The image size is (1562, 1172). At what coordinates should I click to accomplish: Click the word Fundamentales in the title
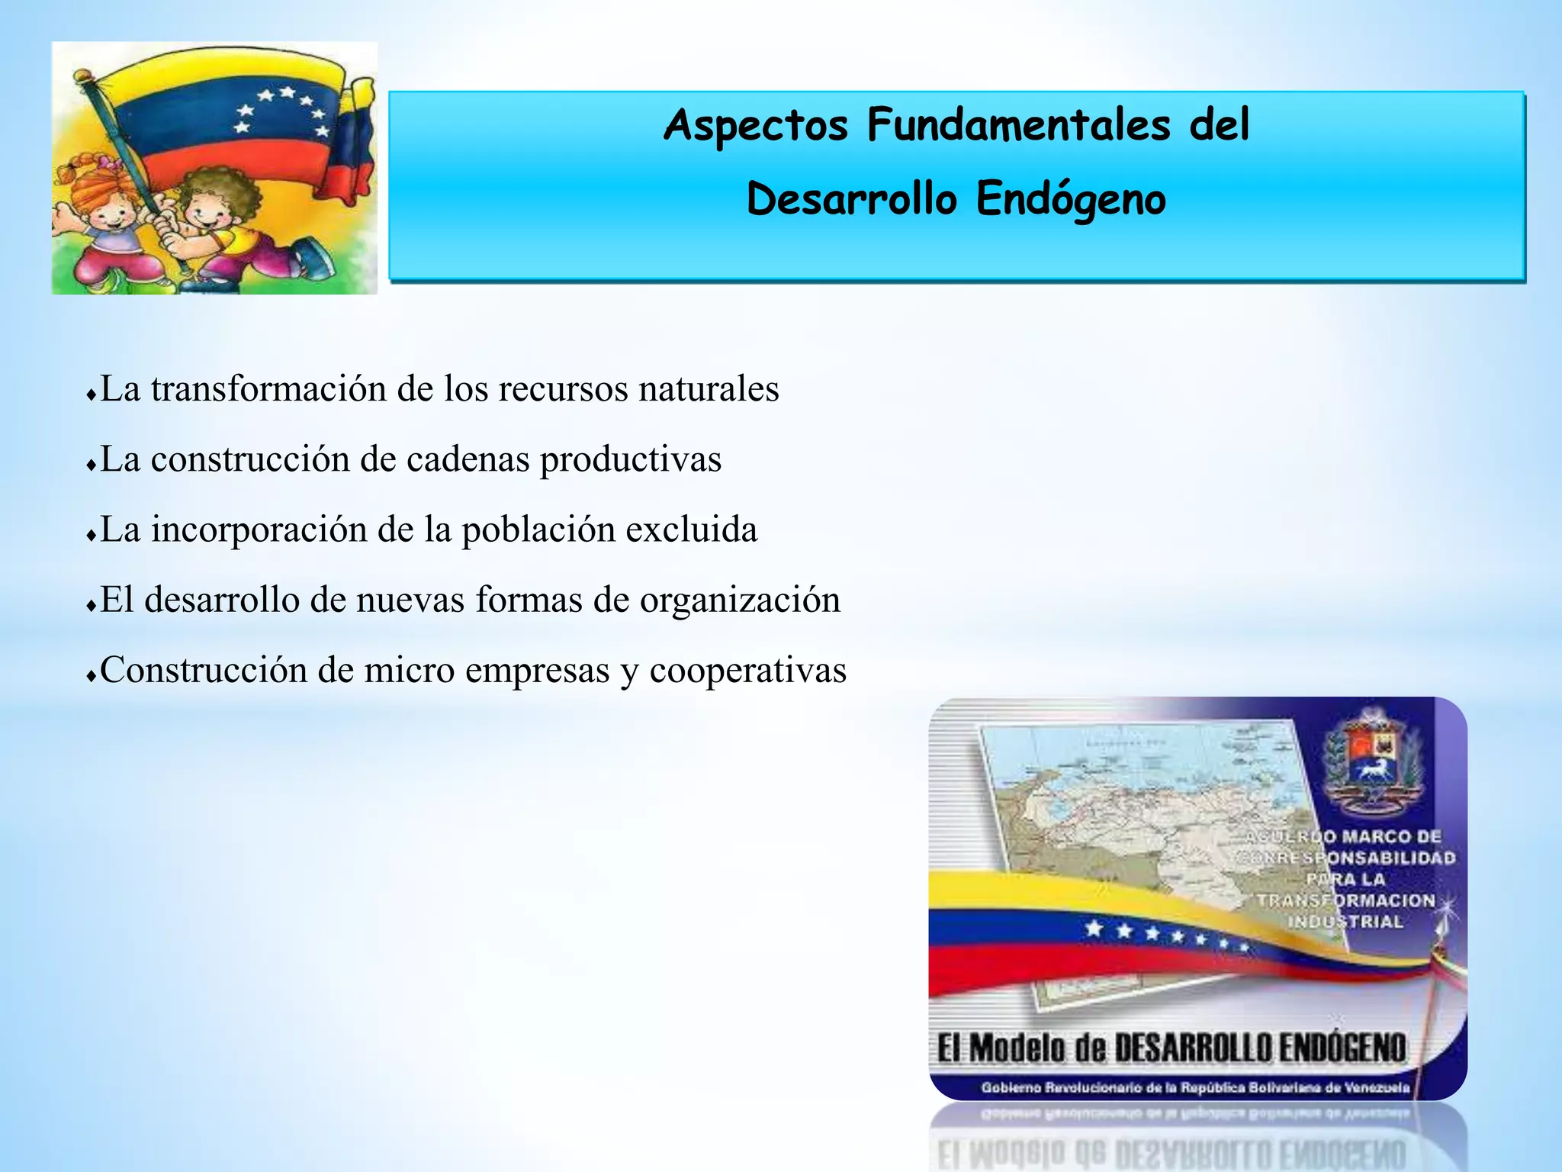coord(1018,125)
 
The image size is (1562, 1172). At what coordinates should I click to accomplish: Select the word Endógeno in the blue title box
coord(1070,200)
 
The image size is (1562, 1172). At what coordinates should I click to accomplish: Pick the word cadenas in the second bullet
coord(468,459)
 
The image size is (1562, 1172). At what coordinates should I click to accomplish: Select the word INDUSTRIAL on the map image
coord(1345,922)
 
